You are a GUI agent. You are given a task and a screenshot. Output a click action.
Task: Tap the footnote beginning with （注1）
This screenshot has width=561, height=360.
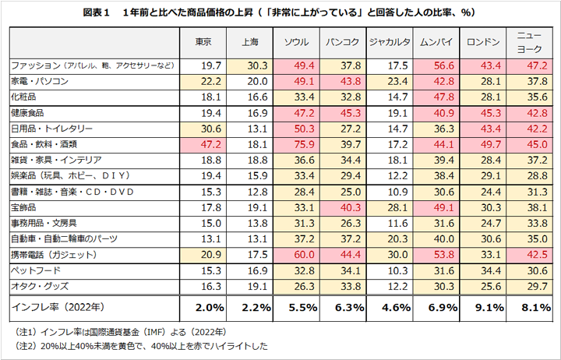pos(114,330)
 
